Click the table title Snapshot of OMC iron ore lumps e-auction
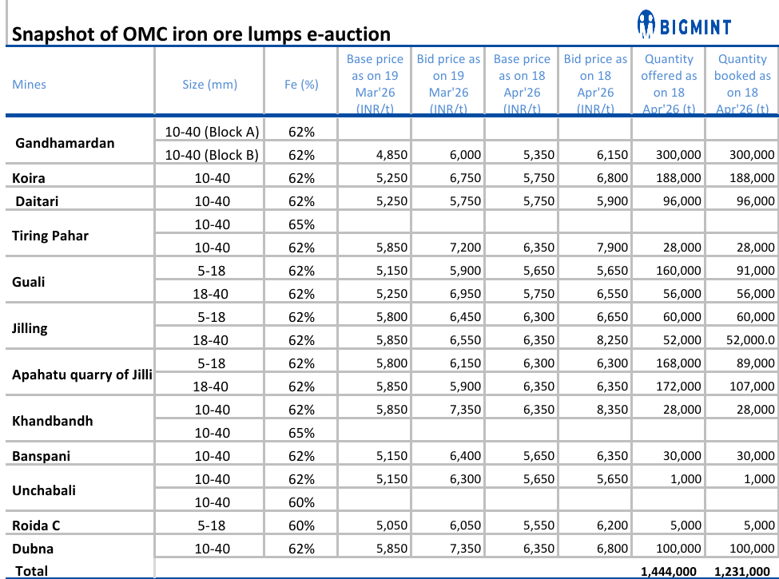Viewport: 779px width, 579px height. [x=201, y=34]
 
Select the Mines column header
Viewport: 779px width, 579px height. [x=30, y=84]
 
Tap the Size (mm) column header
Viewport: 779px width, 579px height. [x=210, y=84]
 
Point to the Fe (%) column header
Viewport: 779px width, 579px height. [x=301, y=84]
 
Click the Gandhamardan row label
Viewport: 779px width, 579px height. [x=65, y=143]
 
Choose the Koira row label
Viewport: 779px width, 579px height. [x=29, y=178]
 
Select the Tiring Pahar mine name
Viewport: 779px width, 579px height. [x=50, y=236]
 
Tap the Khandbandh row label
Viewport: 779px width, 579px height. [x=52, y=421]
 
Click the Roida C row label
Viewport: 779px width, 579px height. [x=36, y=525]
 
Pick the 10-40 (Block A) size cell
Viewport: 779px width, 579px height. [x=211, y=132]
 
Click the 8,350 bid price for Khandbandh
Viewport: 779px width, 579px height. [x=612, y=410]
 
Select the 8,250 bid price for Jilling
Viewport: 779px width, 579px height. [x=612, y=340]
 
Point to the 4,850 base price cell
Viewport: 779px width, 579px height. [x=391, y=155]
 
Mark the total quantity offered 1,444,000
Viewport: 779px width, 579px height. [x=669, y=571]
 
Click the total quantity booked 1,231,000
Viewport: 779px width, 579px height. [x=742, y=571]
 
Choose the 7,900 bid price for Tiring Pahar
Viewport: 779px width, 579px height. [x=612, y=248]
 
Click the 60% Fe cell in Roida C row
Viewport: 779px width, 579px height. [x=301, y=525]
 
